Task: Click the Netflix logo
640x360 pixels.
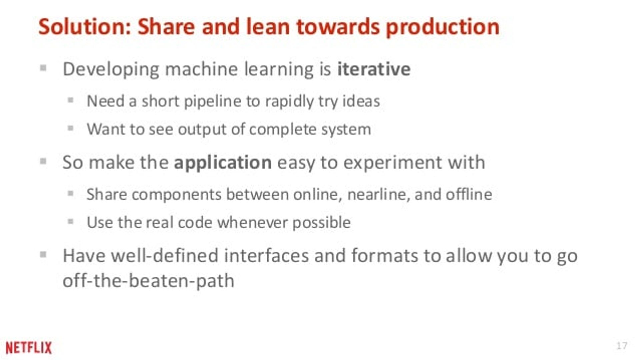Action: click(x=29, y=348)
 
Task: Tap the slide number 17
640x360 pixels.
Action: click(x=621, y=346)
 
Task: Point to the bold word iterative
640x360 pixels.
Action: click(x=374, y=69)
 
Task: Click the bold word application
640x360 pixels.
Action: click(x=223, y=163)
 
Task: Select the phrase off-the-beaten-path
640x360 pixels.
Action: click(x=148, y=281)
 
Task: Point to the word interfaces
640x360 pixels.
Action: click(x=266, y=256)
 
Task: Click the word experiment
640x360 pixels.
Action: click(x=392, y=163)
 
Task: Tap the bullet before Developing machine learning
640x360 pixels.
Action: click(x=43, y=68)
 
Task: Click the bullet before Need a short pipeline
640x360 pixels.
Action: click(x=70, y=100)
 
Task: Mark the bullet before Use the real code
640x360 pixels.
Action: click(x=70, y=221)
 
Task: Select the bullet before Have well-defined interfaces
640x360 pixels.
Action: click(x=43, y=255)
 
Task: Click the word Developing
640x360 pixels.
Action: click(x=111, y=69)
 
